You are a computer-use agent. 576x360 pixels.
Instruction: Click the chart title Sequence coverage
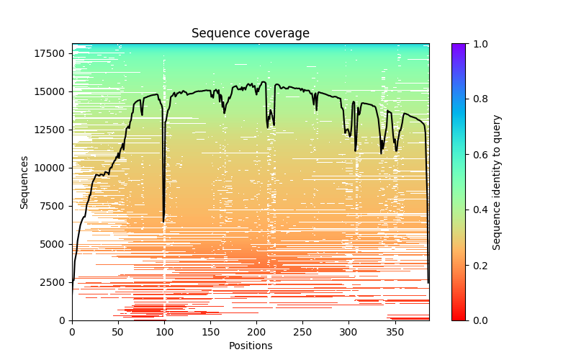pos(250,34)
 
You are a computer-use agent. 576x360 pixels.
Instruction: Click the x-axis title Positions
pos(250,346)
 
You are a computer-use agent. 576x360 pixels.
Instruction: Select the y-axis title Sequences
pos(24,182)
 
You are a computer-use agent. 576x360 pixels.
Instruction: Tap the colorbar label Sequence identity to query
pos(497,182)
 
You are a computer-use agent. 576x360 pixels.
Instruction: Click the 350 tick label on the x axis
pos(395,332)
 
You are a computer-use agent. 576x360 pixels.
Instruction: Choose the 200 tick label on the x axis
pos(256,332)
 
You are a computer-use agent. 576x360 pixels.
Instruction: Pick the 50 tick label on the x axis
pos(118,332)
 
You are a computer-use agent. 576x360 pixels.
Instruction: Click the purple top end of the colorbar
pos(458,46)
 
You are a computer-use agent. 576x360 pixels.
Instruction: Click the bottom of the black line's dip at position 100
pos(163,221)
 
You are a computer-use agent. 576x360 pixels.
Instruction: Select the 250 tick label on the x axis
pos(302,332)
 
